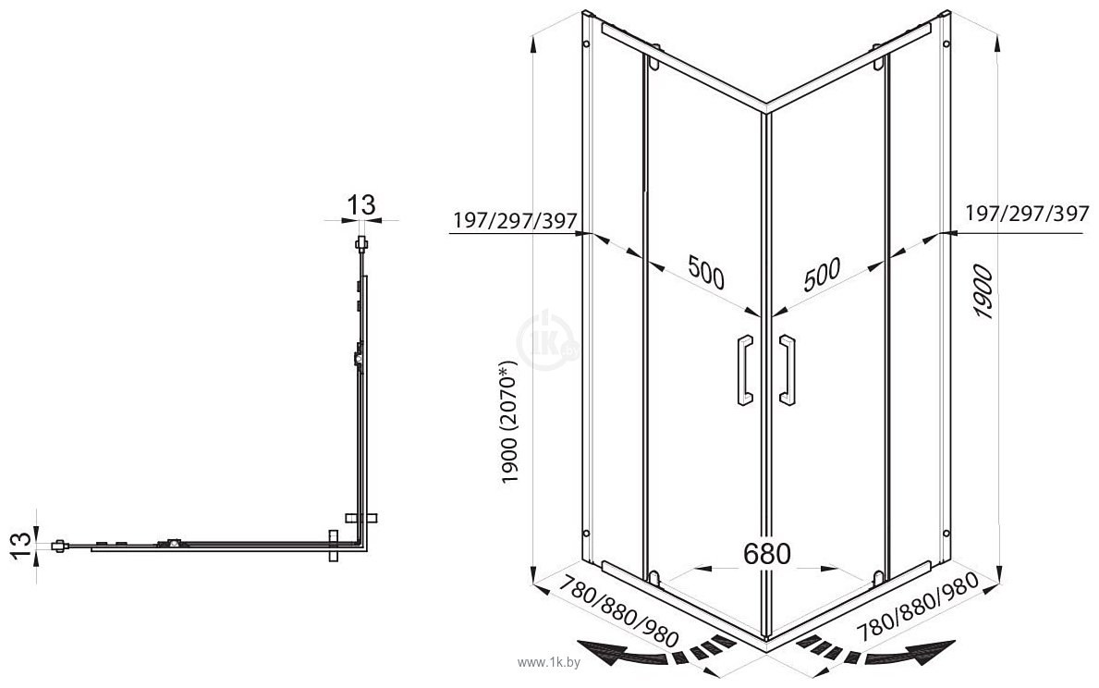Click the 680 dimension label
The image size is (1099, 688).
click(767, 553)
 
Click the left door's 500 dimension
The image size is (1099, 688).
click(706, 272)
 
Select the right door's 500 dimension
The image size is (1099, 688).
click(822, 275)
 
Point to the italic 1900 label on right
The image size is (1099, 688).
click(983, 291)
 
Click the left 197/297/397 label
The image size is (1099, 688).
click(515, 220)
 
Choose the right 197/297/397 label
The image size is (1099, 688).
click(1028, 213)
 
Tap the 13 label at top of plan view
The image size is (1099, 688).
click(361, 204)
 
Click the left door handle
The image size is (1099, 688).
click(745, 370)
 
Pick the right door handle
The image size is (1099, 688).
click(788, 370)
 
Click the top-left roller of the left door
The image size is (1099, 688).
click(654, 59)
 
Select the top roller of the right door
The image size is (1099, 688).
click(877, 58)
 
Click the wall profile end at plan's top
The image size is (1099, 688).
click(361, 245)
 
